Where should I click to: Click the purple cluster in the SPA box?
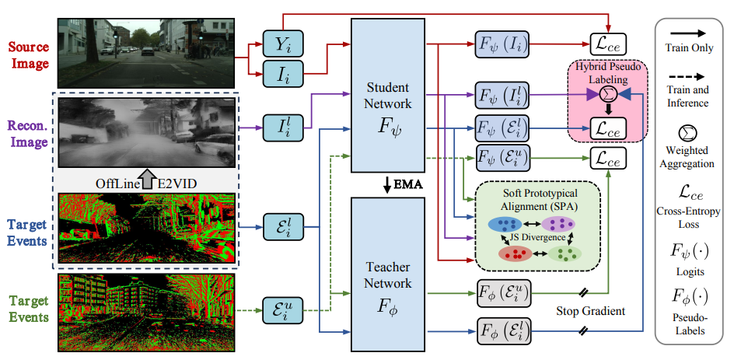557,224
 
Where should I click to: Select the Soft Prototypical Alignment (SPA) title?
533,197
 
